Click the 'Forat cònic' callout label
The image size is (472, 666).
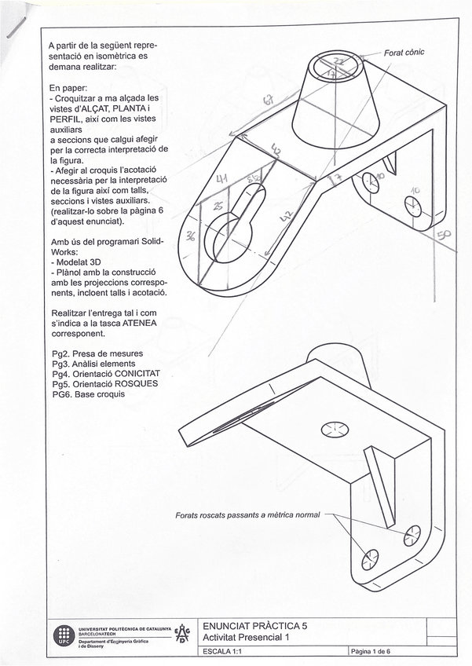point(404,53)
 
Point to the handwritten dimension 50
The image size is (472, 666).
point(445,235)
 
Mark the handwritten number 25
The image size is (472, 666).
point(217,206)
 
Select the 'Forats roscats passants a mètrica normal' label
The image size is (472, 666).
point(248,515)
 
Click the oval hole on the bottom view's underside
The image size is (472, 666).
point(332,429)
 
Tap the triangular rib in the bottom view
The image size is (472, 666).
point(379,474)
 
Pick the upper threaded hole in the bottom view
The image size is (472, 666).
point(412,536)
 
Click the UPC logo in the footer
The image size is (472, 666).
point(63,635)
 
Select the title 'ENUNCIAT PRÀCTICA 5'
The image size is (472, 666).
point(255,626)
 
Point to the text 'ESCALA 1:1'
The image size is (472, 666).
point(224,652)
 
